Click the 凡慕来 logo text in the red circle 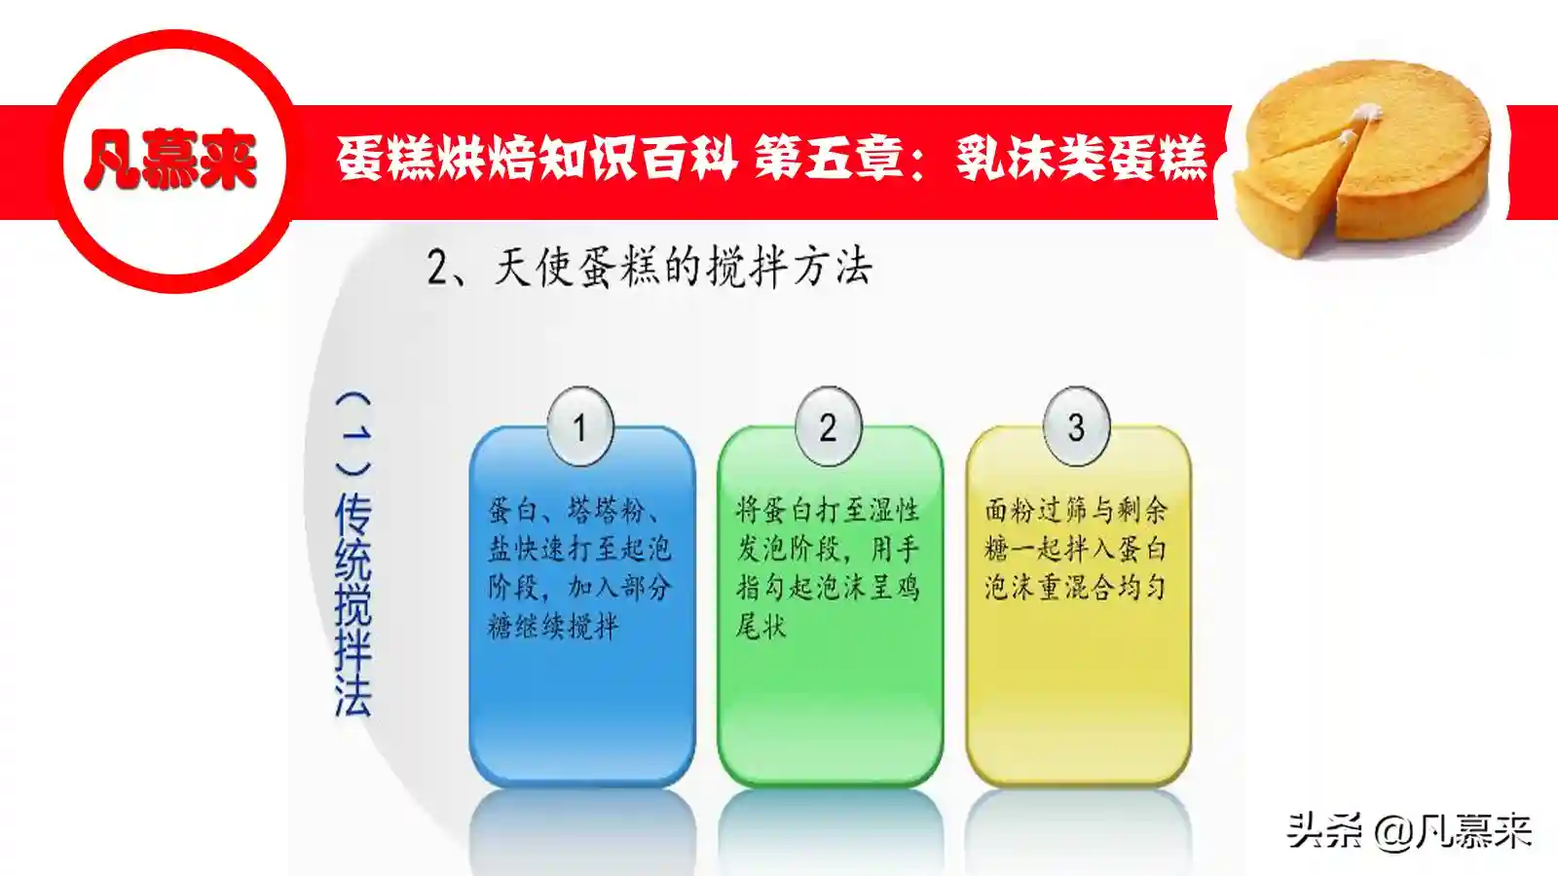pos(170,160)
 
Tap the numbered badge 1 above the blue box pos(580,426)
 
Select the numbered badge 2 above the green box pos(829,426)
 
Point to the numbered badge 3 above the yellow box pos(1077,426)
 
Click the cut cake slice pos(1286,191)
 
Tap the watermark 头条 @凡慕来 pos(1409,831)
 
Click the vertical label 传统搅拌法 pos(353,604)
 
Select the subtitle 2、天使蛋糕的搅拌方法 pos(649,267)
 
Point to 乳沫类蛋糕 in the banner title pos(1082,160)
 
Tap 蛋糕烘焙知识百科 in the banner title pos(537,160)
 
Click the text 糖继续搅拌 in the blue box pos(553,627)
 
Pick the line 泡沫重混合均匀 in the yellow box pos(1075,588)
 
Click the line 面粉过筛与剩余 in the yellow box pos(1076,510)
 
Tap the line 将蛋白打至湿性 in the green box pos(828,510)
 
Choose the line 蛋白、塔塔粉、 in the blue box pos(575,510)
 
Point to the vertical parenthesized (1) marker pos(353,432)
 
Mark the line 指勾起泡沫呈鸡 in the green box pos(828,588)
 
